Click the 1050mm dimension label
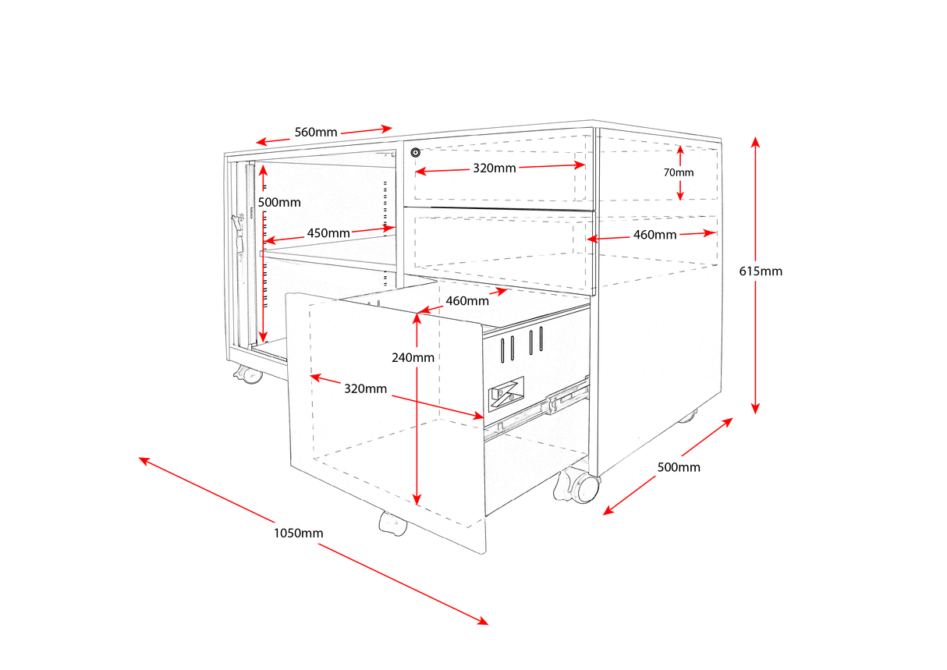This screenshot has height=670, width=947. coord(298,534)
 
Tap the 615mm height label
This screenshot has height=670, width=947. coord(761,271)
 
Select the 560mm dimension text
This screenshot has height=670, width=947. coord(315,132)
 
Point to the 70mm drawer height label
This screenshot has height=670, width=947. coord(679,172)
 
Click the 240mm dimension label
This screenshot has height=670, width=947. coord(413,358)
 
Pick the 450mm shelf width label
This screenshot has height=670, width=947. coord(328,232)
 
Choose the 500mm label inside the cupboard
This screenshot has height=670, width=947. coord(278,202)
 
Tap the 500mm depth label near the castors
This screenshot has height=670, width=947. coord(679,467)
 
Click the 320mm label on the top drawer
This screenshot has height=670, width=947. coord(494,168)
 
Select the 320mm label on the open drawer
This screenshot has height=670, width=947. coord(365,388)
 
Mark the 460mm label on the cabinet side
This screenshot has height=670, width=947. coord(654,234)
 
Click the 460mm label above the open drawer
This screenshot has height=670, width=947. coord(467,300)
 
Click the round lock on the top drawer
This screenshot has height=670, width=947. coord(416,151)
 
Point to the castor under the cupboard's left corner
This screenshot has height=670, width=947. coord(249,376)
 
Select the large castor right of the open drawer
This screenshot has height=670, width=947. coord(578,487)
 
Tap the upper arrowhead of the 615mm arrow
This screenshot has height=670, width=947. coord(755,141)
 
